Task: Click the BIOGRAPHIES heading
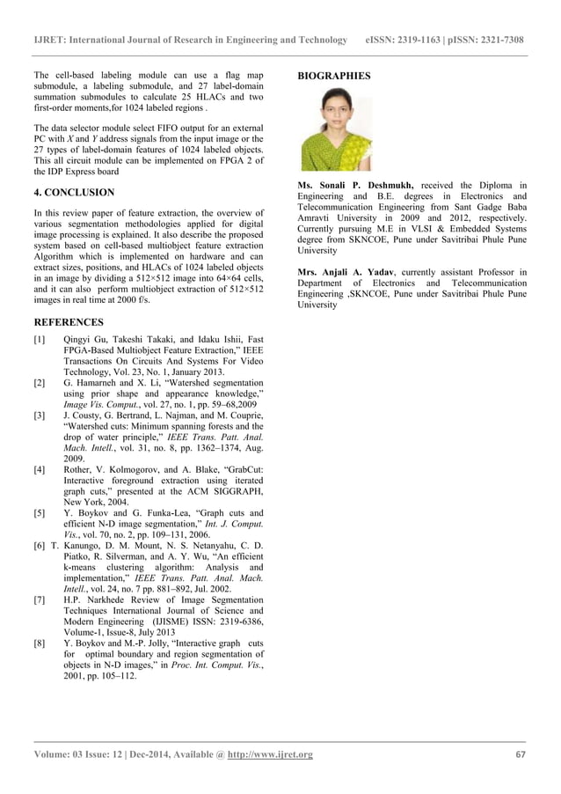(x=334, y=76)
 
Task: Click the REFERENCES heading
(x=68, y=322)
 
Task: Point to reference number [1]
(x=39, y=339)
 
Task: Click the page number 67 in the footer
(x=520, y=754)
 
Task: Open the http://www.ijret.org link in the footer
(x=270, y=754)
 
